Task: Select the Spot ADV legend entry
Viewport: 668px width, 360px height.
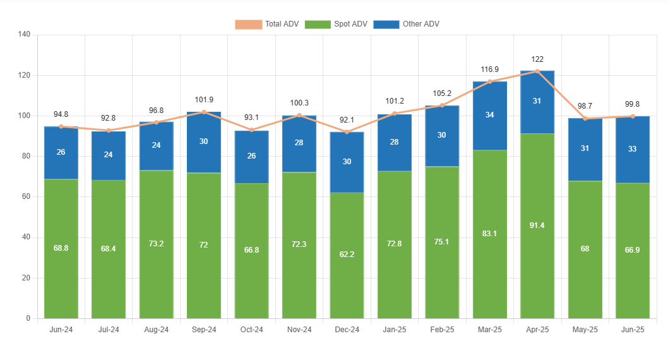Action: click(x=336, y=24)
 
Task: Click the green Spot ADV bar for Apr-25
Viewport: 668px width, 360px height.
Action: click(x=537, y=225)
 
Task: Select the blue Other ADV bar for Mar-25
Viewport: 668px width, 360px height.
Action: click(x=490, y=116)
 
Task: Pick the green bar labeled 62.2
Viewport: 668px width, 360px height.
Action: click(x=347, y=255)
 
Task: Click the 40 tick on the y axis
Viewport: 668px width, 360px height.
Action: click(x=26, y=237)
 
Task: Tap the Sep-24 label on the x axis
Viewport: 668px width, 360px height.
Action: click(x=203, y=330)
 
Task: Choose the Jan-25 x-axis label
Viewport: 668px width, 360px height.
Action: click(x=394, y=330)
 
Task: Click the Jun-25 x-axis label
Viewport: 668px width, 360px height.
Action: click(x=632, y=330)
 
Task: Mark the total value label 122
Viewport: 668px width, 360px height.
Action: click(x=537, y=59)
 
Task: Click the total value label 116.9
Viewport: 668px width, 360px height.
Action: click(x=489, y=69)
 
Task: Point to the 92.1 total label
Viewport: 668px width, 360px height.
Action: click(x=347, y=120)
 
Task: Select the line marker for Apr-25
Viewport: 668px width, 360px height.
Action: click(x=537, y=71)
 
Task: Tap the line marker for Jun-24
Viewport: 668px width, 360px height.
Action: click(x=61, y=126)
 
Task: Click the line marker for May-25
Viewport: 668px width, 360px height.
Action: click(x=585, y=119)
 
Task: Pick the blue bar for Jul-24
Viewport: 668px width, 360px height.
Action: click(x=109, y=155)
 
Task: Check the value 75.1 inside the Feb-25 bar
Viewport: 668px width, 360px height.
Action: click(x=442, y=241)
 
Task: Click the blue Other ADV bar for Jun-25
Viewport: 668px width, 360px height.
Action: click(x=632, y=150)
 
